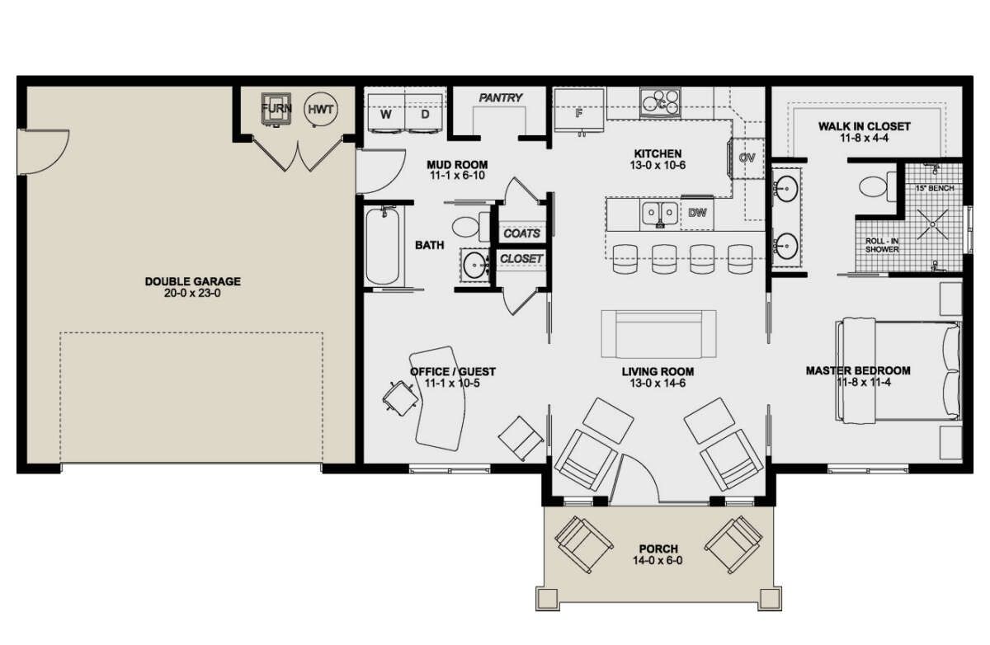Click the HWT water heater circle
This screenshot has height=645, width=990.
[x=321, y=110]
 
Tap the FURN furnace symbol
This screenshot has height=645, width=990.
[x=276, y=109]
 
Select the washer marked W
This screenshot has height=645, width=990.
[x=387, y=114]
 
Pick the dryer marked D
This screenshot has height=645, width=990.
[x=425, y=114]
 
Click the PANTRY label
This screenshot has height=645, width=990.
[x=500, y=97]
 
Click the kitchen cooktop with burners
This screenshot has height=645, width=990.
[x=660, y=102]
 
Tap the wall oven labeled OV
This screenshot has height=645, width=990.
[x=747, y=158]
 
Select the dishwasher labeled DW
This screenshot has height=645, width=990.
[x=697, y=214]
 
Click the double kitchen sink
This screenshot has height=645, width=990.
[x=660, y=214]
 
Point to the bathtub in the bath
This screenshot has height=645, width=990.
[x=383, y=246]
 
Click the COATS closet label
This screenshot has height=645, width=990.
[x=521, y=233]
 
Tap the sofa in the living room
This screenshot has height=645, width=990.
[x=658, y=334]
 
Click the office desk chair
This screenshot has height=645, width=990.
[x=400, y=398]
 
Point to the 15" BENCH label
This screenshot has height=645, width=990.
[x=934, y=189]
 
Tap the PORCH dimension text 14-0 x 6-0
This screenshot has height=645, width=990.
[x=658, y=561]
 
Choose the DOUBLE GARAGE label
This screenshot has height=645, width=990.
[x=193, y=281]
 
